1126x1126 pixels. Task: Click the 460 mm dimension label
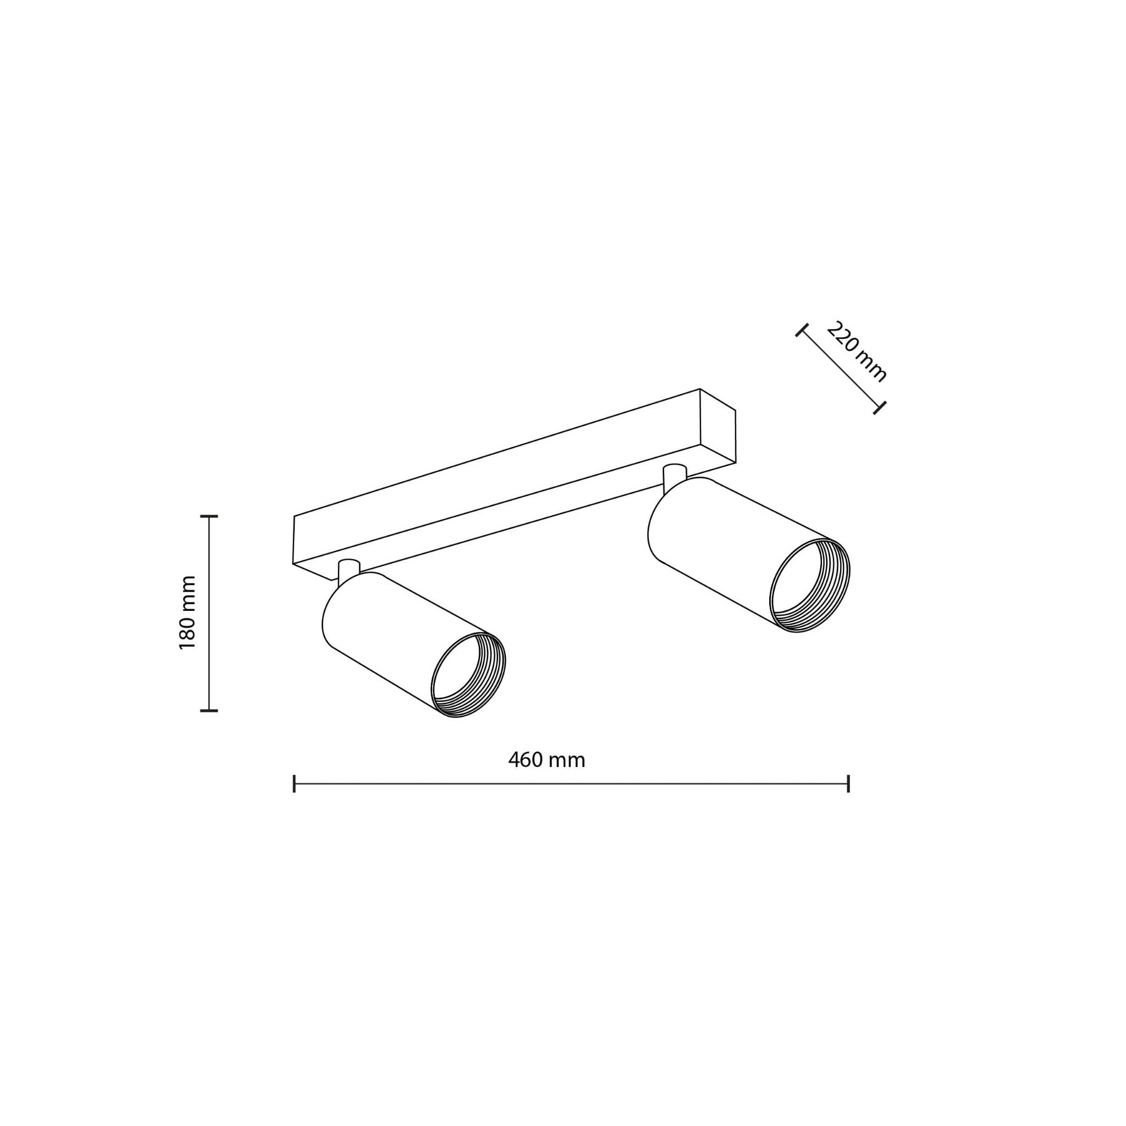pos(546,760)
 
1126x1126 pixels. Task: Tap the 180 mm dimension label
pos(187,612)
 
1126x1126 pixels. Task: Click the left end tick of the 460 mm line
pos(294,784)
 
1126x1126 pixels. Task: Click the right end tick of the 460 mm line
pos(848,784)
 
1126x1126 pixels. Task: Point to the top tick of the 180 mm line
pos(208,516)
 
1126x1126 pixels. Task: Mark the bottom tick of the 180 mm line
pos(208,710)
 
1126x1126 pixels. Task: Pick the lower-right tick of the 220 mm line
pos(880,408)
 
